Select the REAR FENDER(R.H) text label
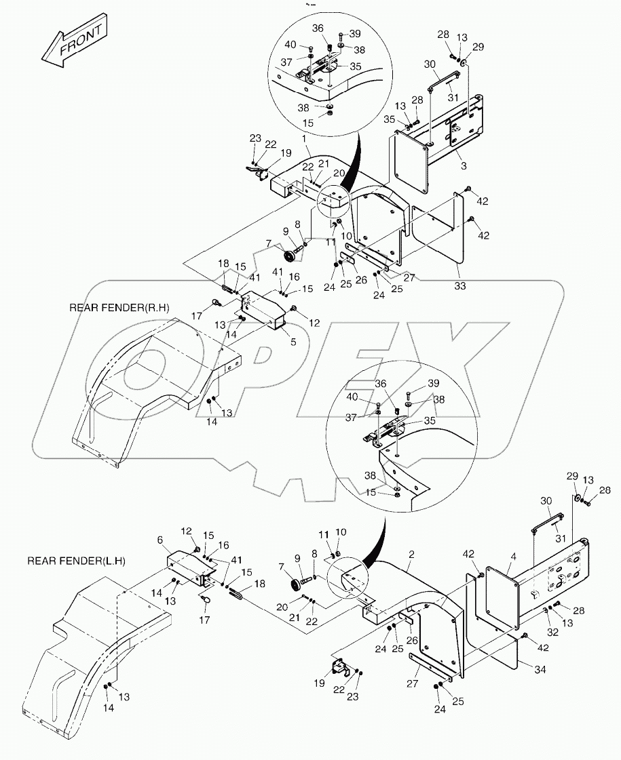pyautogui.click(x=119, y=308)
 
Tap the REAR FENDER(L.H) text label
pyautogui.click(x=77, y=561)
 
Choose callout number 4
pyautogui.click(x=513, y=556)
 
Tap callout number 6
pyautogui.click(x=159, y=540)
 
